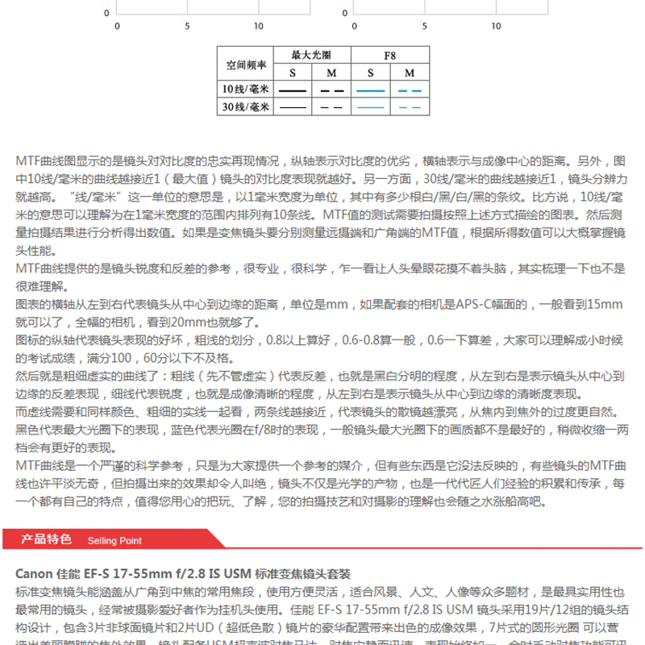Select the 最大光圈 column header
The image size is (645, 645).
tap(310, 56)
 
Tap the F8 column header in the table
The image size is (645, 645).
tap(389, 56)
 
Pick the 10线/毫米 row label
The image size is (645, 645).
tap(246, 89)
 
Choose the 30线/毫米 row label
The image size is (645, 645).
tap(246, 106)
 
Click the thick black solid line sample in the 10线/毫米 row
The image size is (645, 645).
tap(292, 89)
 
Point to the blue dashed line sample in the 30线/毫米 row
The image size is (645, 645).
tap(410, 106)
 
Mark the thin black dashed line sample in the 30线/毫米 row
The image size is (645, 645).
tap(331, 106)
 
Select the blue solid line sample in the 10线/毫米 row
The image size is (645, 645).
tap(371, 89)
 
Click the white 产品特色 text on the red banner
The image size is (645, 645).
tap(46, 539)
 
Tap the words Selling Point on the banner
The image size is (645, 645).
tap(114, 540)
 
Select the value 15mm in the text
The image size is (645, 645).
tap(605, 305)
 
